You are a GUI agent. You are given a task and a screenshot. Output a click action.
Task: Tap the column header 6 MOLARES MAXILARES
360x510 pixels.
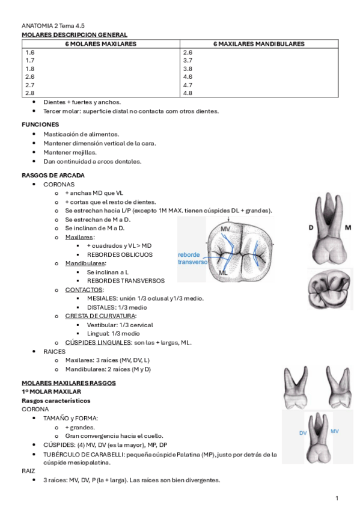coord(101,44)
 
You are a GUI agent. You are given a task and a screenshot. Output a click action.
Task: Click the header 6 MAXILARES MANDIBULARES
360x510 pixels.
coord(258,44)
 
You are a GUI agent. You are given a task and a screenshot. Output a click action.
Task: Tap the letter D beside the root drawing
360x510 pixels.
coord(311,227)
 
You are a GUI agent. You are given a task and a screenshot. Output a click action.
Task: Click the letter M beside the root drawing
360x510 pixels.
coord(348,227)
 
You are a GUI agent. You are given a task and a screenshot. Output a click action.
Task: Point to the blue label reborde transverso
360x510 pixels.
coord(192,258)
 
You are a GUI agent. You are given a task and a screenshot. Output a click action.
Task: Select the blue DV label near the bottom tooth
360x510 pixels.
coord(303,432)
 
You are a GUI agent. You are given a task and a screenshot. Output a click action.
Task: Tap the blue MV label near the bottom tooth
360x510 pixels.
coord(335,431)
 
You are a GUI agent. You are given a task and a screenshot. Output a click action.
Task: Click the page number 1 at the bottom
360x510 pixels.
coord(337,498)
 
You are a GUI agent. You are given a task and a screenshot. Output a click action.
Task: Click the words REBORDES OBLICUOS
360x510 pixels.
coord(120,254)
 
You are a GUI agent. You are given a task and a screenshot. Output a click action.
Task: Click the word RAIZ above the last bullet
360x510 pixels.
coord(29,472)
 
